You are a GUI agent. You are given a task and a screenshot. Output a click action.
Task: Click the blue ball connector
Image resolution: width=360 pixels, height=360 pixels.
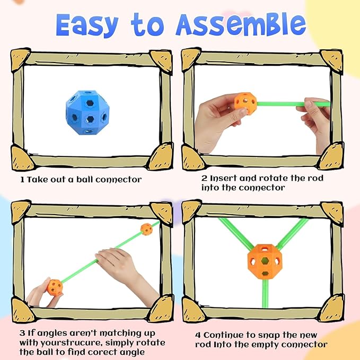pos(87,112)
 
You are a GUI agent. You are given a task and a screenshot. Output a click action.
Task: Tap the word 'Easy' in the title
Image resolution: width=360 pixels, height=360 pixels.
pos(87,25)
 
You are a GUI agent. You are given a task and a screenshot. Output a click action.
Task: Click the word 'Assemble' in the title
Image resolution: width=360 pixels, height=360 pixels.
pos(241,25)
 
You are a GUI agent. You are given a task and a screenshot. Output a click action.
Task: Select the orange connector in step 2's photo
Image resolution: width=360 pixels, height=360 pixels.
pos(245,103)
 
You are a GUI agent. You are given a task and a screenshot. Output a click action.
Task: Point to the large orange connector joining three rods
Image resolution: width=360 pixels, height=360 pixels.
pos(265,261)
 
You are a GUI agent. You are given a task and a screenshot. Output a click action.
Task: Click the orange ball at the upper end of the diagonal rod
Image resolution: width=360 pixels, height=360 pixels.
pos(146,229)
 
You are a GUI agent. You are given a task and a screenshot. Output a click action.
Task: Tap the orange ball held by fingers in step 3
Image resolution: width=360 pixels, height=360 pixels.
pos(55,287)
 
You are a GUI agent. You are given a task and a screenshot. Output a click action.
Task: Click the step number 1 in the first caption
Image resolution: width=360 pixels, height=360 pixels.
pos(22,180)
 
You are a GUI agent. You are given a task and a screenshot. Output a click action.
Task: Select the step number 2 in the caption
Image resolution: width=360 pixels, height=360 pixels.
pos(204,178)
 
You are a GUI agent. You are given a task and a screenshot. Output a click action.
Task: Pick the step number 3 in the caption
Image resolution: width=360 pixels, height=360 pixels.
pos(22,333)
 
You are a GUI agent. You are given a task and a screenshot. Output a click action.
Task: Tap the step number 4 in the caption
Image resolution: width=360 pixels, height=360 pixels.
pos(198,335)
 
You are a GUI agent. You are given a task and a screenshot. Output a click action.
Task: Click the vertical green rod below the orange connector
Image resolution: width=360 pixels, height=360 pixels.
pos(265,293)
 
